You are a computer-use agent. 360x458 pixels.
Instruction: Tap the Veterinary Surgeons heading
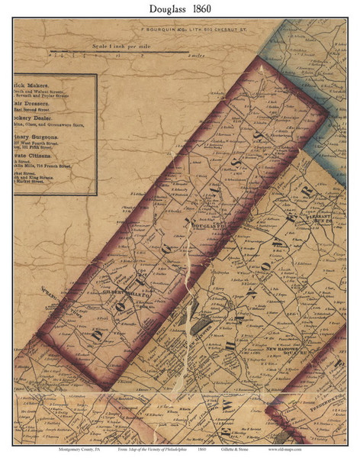[x=43, y=138]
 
